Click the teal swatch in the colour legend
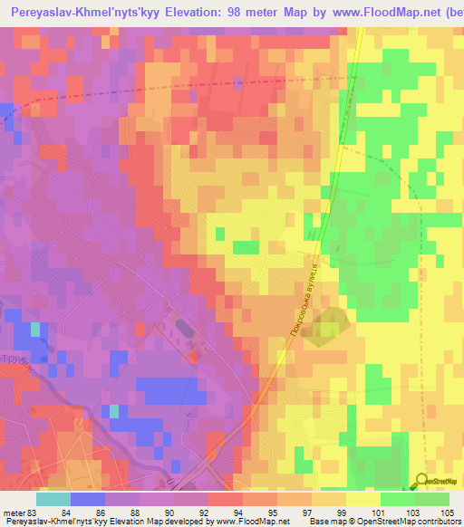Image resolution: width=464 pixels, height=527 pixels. coord(53,499)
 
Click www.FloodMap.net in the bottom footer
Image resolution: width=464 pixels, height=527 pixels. coord(246,522)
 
